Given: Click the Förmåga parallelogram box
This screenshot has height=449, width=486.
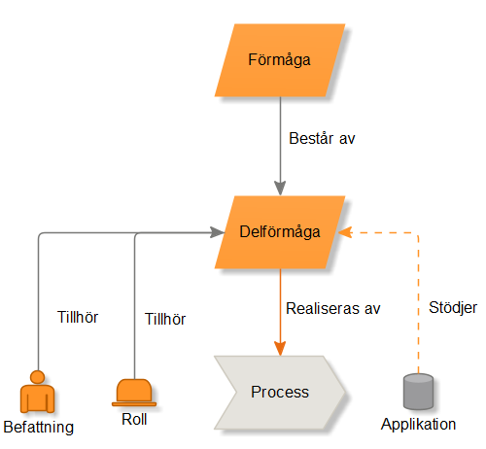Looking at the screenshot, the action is click(x=280, y=60).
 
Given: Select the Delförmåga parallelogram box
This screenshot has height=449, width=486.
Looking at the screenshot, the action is click(x=280, y=232).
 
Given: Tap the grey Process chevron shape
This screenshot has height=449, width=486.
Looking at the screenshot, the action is click(x=280, y=393).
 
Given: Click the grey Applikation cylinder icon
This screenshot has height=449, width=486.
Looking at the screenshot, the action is click(x=418, y=392).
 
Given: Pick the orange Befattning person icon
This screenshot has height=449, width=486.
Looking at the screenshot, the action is click(x=37, y=392).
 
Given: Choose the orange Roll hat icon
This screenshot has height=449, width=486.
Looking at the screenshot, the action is click(x=134, y=393).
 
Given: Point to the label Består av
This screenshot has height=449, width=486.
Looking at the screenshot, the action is click(x=322, y=138).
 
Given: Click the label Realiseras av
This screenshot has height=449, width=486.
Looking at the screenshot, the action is click(x=333, y=308).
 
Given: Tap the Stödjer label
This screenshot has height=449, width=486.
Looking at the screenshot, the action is click(x=453, y=307).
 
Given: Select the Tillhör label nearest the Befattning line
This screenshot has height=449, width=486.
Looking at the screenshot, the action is click(x=78, y=317).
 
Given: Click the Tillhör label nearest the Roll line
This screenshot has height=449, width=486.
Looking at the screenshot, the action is click(x=165, y=319).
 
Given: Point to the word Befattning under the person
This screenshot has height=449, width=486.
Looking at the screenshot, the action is click(x=39, y=427).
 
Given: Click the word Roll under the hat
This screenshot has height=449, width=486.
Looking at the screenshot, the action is click(x=134, y=419).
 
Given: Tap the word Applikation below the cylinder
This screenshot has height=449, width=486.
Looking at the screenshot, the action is click(x=418, y=424).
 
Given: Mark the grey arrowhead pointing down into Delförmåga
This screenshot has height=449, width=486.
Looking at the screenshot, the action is click(x=280, y=189).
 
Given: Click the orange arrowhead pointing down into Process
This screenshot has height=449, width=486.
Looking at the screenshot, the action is click(x=280, y=349).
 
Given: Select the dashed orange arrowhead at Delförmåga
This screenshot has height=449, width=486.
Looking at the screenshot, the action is click(x=345, y=232).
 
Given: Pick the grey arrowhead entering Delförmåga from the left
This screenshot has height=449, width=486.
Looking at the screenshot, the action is click(x=217, y=232).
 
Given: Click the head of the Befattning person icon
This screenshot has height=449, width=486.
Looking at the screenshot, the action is click(x=37, y=377).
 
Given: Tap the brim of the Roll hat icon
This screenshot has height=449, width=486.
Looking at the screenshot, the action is click(x=134, y=404).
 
